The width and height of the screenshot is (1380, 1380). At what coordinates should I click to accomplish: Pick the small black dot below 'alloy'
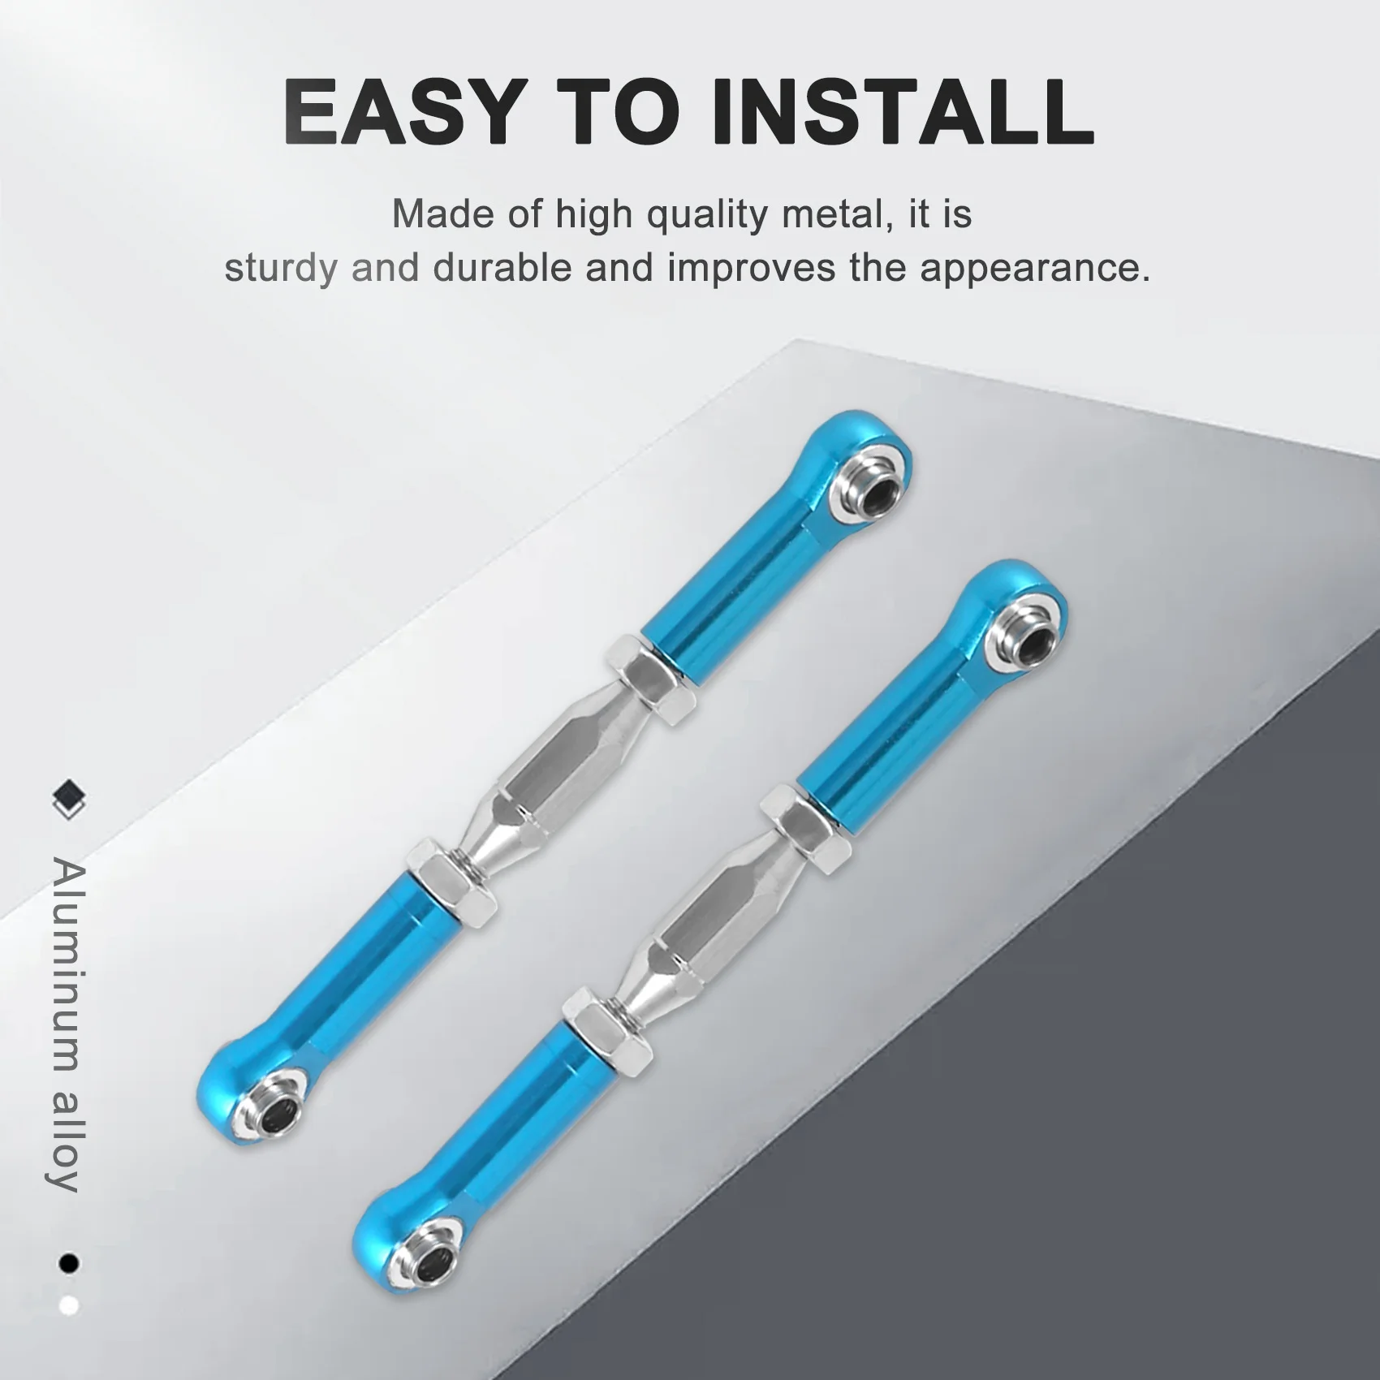69,1263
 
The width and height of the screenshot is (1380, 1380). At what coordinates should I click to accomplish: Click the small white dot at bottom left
69,1305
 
